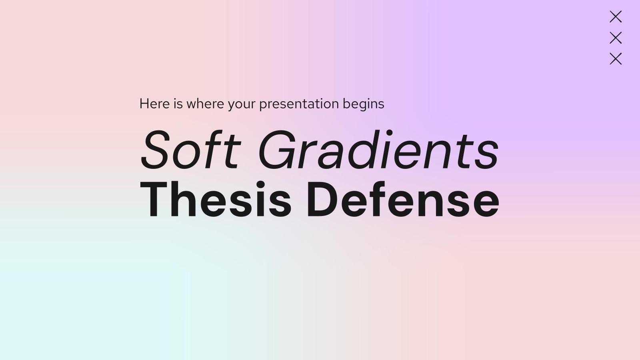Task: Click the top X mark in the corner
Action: [x=616, y=17]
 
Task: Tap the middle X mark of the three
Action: [x=616, y=38]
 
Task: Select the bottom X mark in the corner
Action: [x=616, y=59]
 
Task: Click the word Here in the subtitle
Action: [x=154, y=104]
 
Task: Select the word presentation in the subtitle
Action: [x=299, y=104]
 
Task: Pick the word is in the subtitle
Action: [x=178, y=104]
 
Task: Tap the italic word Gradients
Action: [x=378, y=150]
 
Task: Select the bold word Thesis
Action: [x=216, y=199]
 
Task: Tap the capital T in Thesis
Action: [x=155, y=199]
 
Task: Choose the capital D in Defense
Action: [x=323, y=199]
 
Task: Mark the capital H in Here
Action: [x=144, y=104]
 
